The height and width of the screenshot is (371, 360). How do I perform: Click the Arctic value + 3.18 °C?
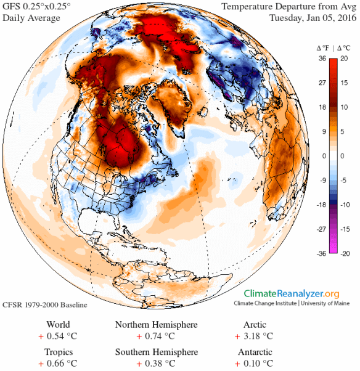[x=254, y=336]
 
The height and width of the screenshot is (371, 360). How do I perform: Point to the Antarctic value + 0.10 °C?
[x=254, y=364]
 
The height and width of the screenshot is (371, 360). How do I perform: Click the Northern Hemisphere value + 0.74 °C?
[x=157, y=336]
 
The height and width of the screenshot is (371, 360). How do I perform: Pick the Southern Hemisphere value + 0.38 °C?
[x=157, y=364]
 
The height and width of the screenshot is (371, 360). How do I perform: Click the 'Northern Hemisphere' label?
[x=157, y=325]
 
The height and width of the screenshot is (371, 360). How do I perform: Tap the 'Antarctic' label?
[x=254, y=352]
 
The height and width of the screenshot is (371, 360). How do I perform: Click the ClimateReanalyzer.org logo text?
[x=291, y=294]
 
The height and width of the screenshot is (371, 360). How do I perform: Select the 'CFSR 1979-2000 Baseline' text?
[x=44, y=305]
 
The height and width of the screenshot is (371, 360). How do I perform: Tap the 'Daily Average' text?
[x=31, y=18]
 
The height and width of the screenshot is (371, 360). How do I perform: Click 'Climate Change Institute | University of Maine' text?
[x=291, y=304]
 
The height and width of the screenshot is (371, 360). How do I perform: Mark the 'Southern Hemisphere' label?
[x=157, y=352]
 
